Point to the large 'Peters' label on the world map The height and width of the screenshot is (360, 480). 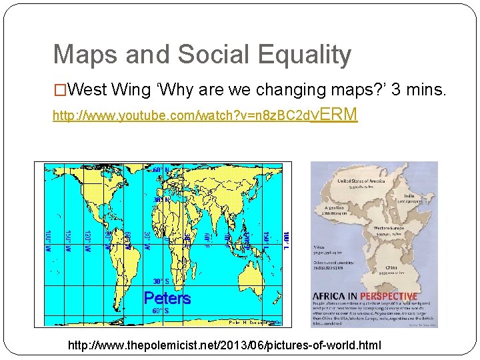tap(167, 298)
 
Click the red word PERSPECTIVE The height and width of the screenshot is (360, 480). tap(389, 296)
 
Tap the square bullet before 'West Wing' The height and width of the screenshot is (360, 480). tap(60, 89)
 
